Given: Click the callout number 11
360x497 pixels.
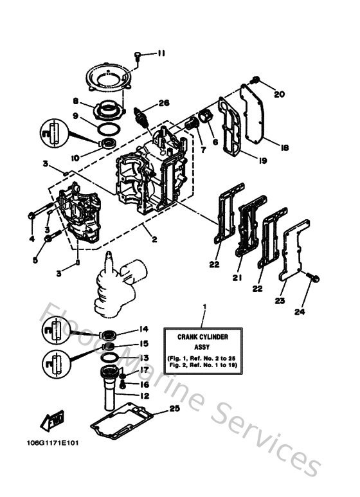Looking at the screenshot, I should (x=160, y=54).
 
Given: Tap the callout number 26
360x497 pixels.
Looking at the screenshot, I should (x=164, y=102).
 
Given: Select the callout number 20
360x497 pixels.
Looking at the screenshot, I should (x=279, y=94).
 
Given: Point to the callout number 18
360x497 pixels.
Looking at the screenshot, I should (x=285, y=147).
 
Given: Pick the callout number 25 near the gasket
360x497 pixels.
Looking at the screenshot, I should (x=175, y=408).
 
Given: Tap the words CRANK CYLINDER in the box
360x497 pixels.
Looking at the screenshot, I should (x=203, y=336).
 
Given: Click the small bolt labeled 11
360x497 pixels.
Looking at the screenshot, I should (x=138, y=55).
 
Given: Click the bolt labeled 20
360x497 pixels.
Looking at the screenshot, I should (x=256, y=81).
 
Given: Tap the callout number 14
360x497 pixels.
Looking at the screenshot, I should (x=144, y=328).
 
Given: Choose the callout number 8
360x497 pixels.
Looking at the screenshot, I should (x=76, y=102).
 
